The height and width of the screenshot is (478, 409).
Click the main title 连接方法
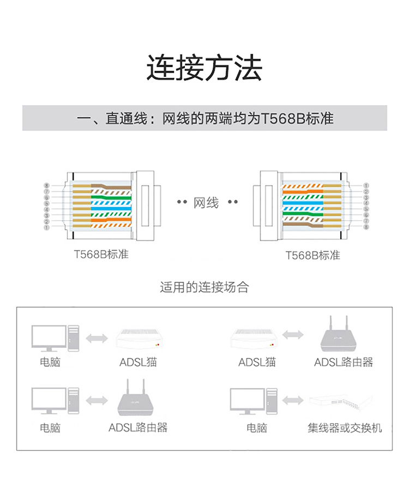[204, 68]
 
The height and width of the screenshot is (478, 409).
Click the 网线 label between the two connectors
[206, 203]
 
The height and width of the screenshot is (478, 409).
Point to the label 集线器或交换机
[345, 428]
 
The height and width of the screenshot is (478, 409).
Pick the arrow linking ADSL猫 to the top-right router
[294, 334]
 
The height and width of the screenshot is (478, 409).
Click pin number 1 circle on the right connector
[366, 186]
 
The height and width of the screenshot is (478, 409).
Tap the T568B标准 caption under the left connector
[101, 254]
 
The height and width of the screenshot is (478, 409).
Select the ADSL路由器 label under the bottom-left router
[138, 428]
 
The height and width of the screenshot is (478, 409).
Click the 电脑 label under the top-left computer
[50, 362]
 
